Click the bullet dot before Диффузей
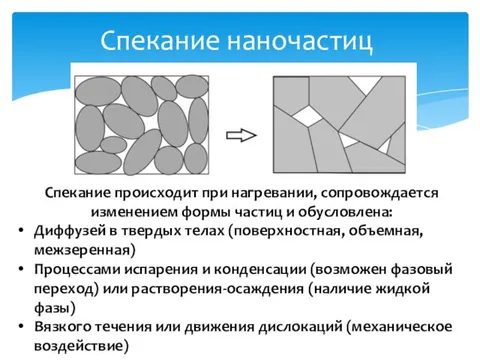click(21, 232)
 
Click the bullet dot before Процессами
click(21, 271)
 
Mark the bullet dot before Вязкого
click(21, 329)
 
